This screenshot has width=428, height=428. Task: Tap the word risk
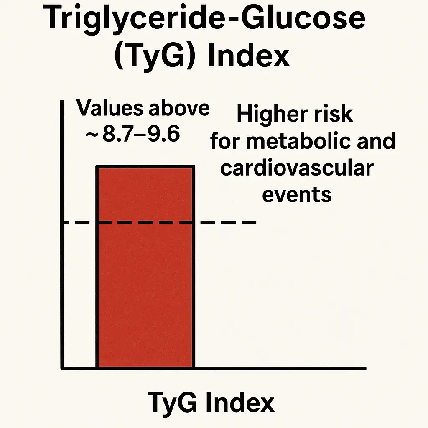[x=334, y=114]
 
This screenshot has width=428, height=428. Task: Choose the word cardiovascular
[x=297, y=168]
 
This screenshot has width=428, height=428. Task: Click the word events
[x=297, y=194]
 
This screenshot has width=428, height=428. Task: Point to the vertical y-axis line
[x=62, y=251]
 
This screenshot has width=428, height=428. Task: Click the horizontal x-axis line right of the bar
[x=280, y=368]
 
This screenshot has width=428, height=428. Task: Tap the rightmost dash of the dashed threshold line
[x=250, y=222]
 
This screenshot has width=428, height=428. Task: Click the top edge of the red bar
[x=145, y=167]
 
